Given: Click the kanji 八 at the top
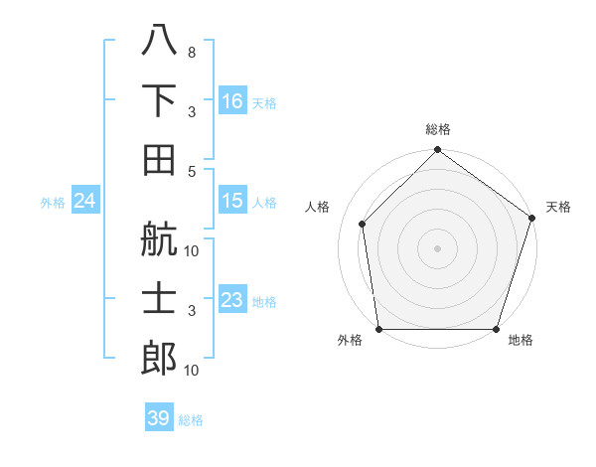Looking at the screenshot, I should [x=159, y=41].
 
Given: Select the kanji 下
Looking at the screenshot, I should [x=159, y=100].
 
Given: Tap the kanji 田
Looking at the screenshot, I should [x=159, y=159].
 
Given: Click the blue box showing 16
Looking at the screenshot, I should [x=232, y=101].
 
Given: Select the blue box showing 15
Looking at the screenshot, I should [x=232, y=201].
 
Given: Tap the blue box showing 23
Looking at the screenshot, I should [x=232, y=300].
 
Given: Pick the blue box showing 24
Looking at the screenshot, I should [x=85, y=202].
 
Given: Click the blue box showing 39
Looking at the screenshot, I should [x=159, y=418].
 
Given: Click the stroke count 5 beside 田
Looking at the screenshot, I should [x=192, y=171].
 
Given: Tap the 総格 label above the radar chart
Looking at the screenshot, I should [x=438, y=129].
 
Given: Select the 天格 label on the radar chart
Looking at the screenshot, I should [x=559, y=207].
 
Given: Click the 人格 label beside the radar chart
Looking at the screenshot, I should [x=318, y=207].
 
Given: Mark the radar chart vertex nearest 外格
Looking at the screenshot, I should [x=378, y=329].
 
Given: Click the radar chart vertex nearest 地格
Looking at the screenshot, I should [x=497, y=329].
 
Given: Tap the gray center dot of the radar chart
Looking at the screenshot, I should [x=437, y=247].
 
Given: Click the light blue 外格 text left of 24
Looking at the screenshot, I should [x=53, y=203].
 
